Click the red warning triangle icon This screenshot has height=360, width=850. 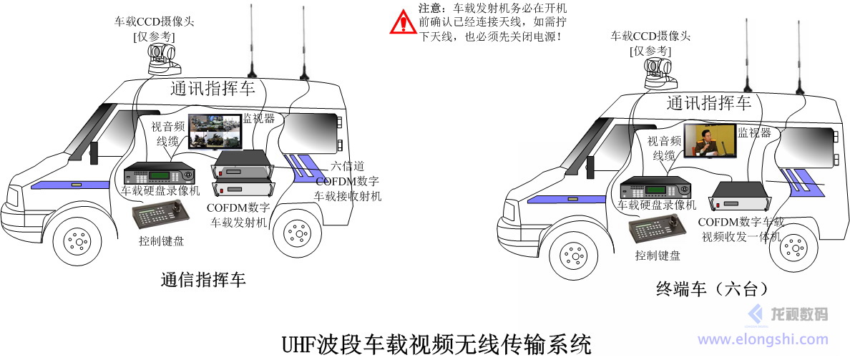[x=403, y=22]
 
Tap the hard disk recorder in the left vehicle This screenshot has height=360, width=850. [x=159, y=174]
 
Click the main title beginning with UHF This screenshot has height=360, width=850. [x=437, y=345]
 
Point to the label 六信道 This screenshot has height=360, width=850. [x=348, y=166]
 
